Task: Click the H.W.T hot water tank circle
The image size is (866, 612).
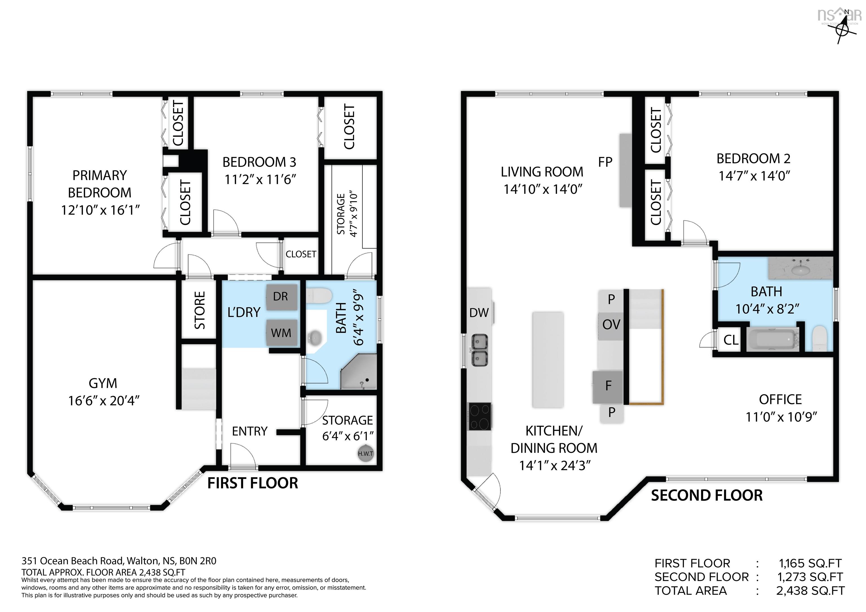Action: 365,454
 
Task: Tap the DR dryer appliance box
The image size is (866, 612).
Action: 281,297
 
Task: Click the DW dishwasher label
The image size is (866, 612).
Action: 479,312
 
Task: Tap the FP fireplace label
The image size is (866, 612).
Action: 605,162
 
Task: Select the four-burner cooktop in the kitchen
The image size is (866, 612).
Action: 480,416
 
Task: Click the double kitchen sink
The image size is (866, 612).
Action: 480,350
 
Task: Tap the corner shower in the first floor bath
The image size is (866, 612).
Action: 359,373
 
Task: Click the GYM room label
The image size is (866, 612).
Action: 103,383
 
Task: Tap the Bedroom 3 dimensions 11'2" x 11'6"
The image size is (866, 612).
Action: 260,179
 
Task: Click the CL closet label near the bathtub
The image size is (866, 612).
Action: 731,340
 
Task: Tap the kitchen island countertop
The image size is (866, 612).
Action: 548,359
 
